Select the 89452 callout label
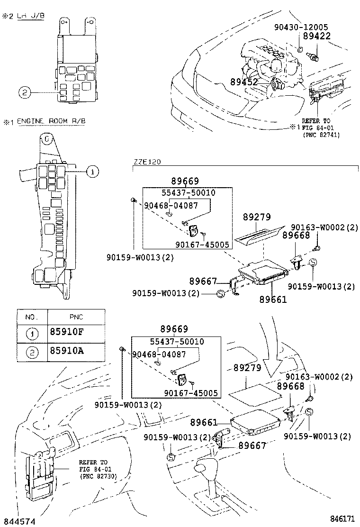click(244, 82)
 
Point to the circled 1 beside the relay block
click(93, 172)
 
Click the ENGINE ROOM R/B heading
click(52, 121)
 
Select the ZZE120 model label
click(147, 162)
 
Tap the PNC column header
click(76, 317)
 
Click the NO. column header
click(31, 317)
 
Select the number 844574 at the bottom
click(17, 522)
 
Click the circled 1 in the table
click(31, 334)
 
